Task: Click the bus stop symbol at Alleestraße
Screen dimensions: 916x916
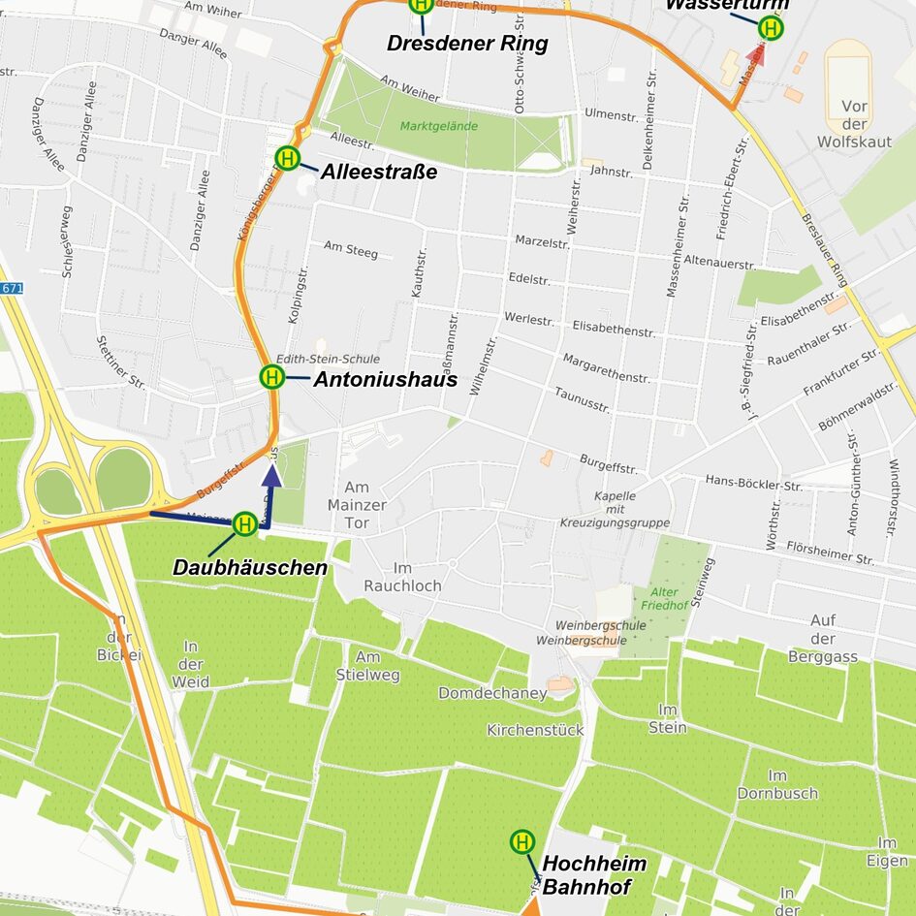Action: [287, 157]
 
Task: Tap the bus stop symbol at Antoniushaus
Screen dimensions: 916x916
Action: [272, 376]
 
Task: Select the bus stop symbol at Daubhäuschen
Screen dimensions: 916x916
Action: [245, 524]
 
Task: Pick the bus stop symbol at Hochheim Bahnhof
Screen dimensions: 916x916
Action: [522, 841]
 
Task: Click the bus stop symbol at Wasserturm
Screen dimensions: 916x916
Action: [771, 28]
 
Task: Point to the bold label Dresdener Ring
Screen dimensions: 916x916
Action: [467, 44]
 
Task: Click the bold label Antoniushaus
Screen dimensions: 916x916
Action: [385, 379]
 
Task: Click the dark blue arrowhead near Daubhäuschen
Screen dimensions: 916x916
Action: [272, 474]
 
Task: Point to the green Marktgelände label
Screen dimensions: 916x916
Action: [439, 125]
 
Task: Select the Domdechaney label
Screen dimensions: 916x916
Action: [492, 693]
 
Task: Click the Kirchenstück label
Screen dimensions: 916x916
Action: [535, 730]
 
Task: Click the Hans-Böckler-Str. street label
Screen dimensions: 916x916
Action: [753, 482]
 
